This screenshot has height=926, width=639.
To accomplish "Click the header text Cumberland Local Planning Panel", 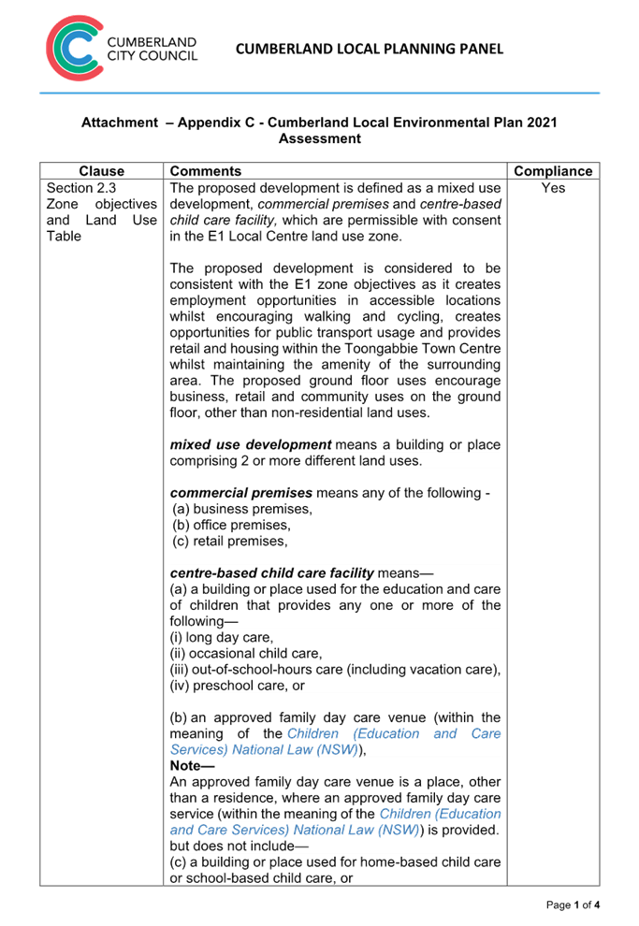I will coord(369,49).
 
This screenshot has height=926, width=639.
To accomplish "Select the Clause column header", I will coord(101,171).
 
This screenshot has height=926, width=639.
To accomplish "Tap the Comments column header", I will coord(206,171).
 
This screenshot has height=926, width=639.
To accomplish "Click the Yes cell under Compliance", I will coord(553,188).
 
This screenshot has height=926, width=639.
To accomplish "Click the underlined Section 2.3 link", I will coord(81,188).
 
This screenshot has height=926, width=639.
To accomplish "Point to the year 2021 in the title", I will coord(542,123).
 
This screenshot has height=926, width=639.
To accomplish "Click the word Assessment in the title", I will coord(319,138).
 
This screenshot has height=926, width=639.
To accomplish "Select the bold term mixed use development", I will coord(251,444).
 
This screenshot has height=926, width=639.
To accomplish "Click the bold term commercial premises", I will coord(240,493).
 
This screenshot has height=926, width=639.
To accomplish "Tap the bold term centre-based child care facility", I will coord(271,572).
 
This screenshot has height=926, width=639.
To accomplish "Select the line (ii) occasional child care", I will coord(245,653).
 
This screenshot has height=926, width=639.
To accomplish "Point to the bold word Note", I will coord(185,766).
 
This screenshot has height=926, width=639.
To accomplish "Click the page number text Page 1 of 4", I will coord(572,904).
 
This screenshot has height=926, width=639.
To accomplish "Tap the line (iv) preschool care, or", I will coord(238,686).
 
